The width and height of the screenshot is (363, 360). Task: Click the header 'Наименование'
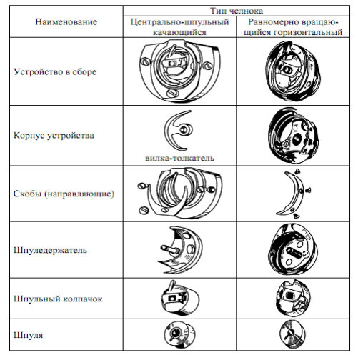[x=66, y=22]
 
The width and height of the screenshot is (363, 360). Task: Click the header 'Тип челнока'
[x=237, y=11]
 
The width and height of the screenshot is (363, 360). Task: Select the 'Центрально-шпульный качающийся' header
[x=179, y=26]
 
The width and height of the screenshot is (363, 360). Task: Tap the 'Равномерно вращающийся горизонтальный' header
[x=293, y=26]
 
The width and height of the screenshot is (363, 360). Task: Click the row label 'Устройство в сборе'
[x=55, y=71]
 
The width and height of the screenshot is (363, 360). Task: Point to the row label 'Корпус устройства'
[x=54, y=135]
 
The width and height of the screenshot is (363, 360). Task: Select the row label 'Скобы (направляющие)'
[x=64, y=194]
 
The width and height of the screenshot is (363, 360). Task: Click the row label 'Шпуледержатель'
[x=50, y=250]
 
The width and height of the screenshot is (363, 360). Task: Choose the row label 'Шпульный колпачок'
[x=58, y=299]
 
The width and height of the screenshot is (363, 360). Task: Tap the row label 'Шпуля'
[x=29, y=335]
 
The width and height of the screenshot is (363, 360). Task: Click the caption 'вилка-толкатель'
[x=180, y=158]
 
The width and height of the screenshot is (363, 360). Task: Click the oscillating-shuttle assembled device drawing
[x=180, y=71]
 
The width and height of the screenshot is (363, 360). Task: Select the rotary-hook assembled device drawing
[x=292, y=71]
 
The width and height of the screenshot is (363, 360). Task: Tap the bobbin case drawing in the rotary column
[x=294, y=298]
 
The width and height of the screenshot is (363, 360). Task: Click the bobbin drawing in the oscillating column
[x=179, y=335]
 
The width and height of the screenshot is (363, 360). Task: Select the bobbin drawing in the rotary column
[x=292, y=334]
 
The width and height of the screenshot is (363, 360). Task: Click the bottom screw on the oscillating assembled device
[x=172, y=93]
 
